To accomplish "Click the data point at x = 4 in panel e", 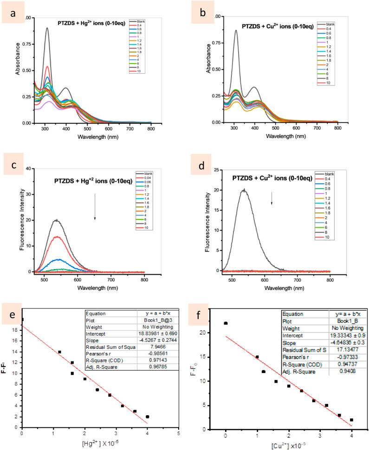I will [147, 417].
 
